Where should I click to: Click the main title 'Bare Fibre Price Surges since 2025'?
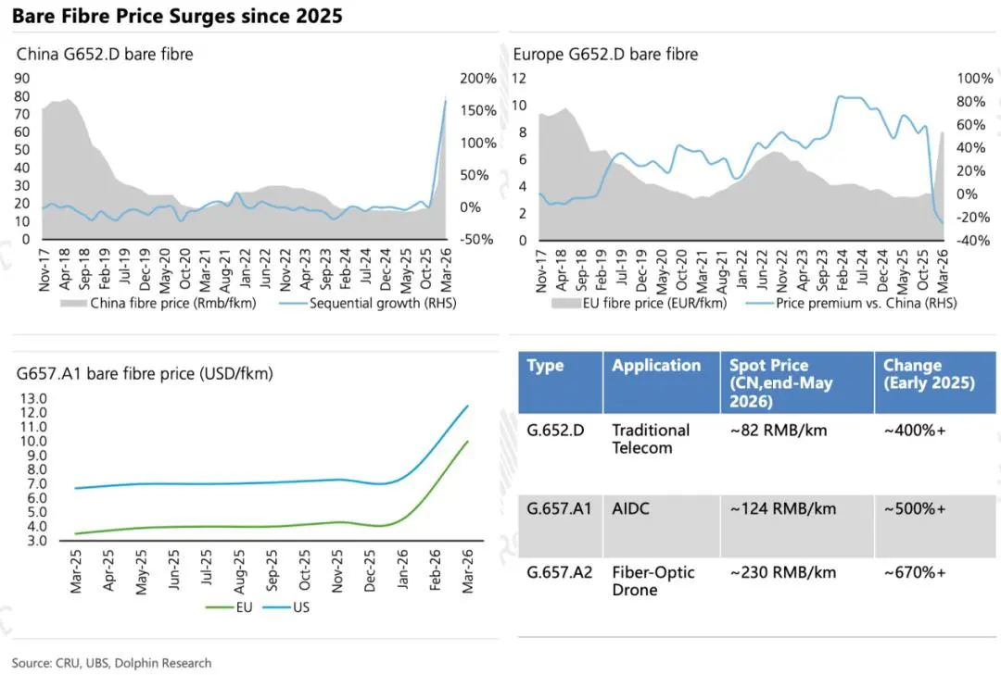(x=177, y=16)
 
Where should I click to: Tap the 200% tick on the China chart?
(x=478, y=79)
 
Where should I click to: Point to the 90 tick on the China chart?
(x=21, y=79)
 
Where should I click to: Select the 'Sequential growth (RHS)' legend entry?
(x=368, y=303)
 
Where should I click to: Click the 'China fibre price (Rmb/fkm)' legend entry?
(x=158, y=303)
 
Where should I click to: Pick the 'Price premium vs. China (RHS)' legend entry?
(x=853, y=303)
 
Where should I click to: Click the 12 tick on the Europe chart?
(x=519, y=79)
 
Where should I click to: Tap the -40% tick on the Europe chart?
(x=973, y=241)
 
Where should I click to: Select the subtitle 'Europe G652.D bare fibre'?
(x=605, y=55)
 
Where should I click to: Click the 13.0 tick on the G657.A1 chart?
(x=34, y=399)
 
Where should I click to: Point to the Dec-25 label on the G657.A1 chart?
(x=370, y=571)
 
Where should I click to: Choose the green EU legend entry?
(x=229, y=607)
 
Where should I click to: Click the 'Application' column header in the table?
(x=656, y=366)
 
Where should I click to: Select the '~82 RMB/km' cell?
(x=779, y=431)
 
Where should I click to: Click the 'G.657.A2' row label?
(x=559, y=573)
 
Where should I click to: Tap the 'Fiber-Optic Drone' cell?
(x=653, y=581)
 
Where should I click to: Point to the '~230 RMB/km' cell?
(x=782, y=573)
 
